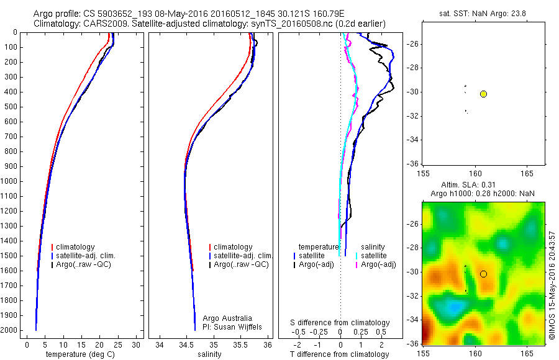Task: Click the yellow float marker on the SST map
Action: pos(483,94)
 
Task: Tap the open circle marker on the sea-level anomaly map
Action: pos(483,274)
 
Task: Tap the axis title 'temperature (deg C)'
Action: pos(81,354)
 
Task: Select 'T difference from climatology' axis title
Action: pos(339,354)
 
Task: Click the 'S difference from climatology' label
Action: pos(340,323)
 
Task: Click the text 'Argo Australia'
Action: pos(227,318)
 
